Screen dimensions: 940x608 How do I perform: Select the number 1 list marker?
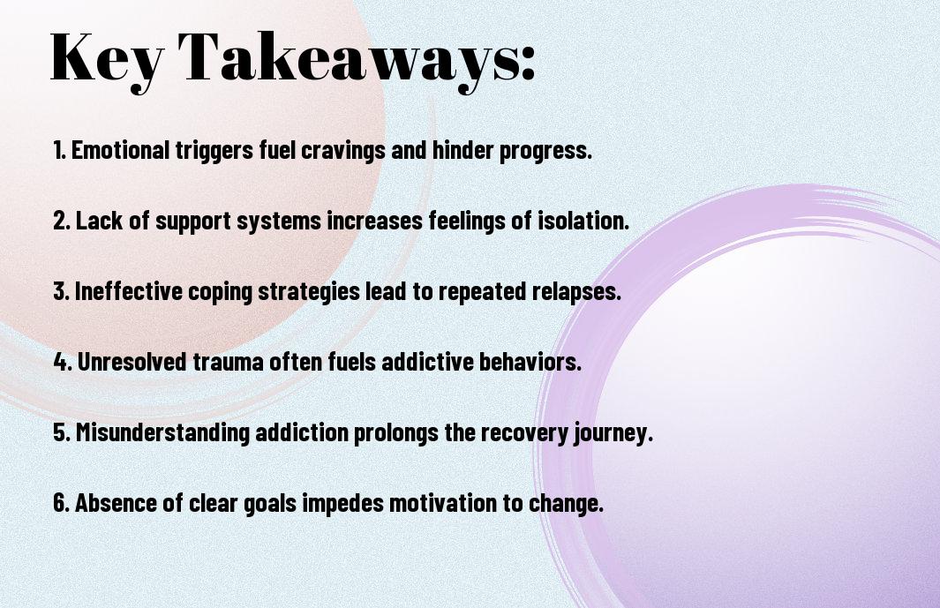[x=59, y=150]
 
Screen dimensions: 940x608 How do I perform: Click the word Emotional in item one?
[x=121, y=150]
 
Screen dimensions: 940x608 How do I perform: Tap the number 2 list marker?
[x=61, y=221]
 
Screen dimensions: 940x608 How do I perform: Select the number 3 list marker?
[x=61, y=291]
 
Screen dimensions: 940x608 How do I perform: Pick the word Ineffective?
[x=128, y=291]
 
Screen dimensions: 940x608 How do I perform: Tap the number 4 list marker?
[x=63, y=362]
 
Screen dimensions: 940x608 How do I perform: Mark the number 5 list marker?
[x=62, y=432]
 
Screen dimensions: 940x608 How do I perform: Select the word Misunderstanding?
[x=162, y=432]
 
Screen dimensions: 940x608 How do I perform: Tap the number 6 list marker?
[x=62, y=503]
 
